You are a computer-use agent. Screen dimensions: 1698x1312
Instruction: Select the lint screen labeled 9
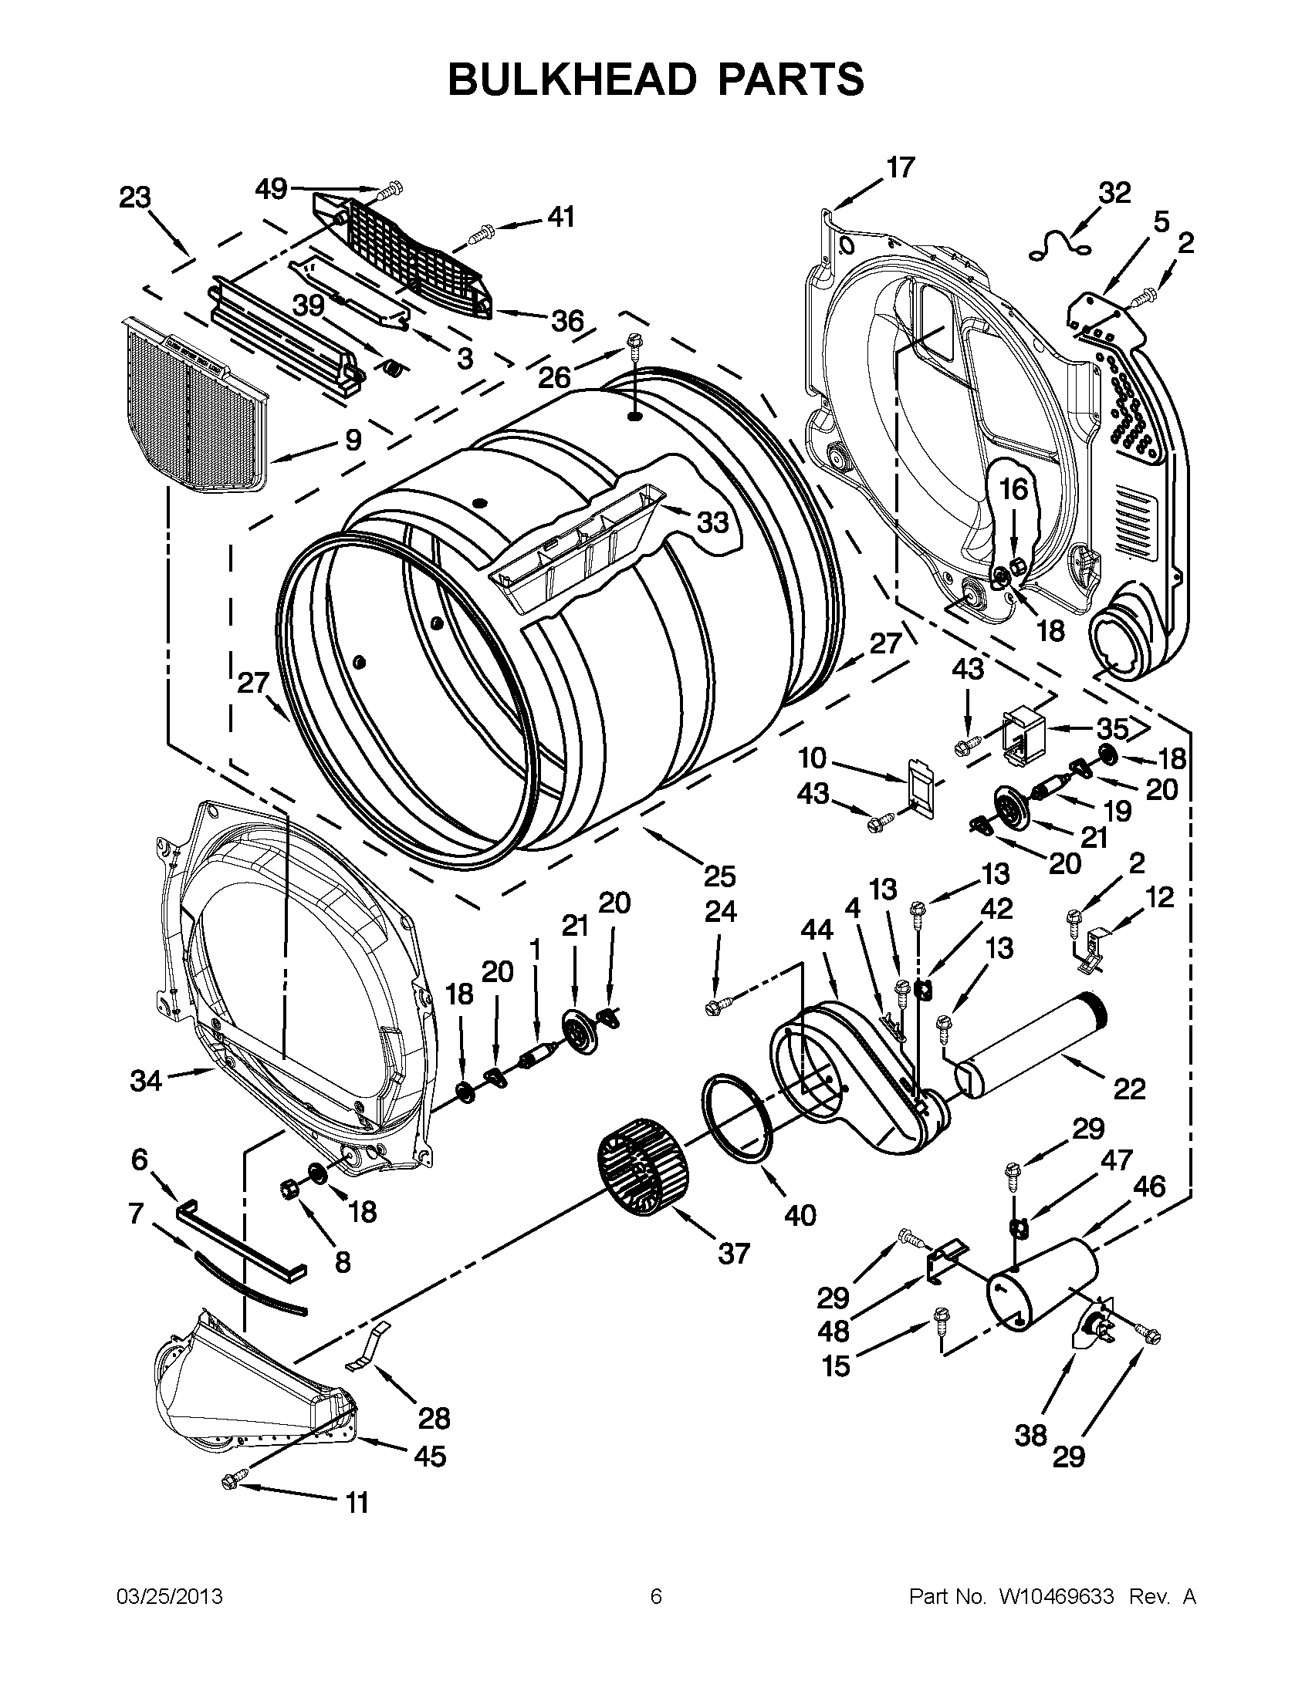194,405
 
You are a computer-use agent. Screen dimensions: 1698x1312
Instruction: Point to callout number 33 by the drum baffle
712,522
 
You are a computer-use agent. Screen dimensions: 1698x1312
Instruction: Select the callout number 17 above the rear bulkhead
901,167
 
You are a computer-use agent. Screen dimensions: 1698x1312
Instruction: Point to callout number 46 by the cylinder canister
1149,1187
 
